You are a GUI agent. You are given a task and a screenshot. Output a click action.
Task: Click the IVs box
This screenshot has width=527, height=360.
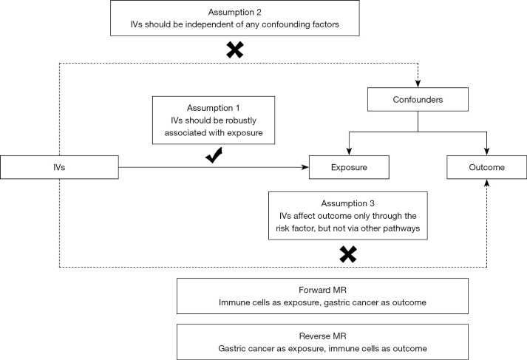coord(59,167)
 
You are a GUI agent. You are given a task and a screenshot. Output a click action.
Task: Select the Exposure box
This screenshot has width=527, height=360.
coord(349,167)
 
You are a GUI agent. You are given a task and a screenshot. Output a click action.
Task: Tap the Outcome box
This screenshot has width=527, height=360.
coord(486,167)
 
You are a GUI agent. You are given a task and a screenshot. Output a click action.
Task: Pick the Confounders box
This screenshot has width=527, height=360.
coord(418,100)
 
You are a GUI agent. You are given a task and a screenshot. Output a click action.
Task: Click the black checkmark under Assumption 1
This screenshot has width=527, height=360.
coord(214,155)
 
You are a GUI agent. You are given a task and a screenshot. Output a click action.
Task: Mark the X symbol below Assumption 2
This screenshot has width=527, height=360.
coord(235,50)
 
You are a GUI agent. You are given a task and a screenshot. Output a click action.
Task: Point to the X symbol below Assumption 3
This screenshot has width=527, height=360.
coord(348,254)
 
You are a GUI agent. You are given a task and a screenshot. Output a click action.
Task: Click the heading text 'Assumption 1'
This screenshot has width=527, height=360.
coord(214,108)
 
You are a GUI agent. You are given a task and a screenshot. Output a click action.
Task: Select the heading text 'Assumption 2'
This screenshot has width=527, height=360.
coord(234,12)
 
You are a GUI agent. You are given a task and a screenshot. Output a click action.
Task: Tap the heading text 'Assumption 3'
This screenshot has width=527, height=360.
coord(348,203)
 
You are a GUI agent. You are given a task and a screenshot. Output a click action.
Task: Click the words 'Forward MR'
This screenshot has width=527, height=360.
coord(323,290)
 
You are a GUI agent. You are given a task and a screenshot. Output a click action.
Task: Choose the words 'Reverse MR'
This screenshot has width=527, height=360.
coord(323,336)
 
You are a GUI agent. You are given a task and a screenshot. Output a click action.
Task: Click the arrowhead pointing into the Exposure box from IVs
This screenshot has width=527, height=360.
coord(305,167)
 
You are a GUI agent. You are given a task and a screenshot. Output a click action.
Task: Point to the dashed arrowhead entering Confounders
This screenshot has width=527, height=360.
coord(418,84)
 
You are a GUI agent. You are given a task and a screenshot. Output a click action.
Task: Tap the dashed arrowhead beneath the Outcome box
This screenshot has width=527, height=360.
coord(486,183)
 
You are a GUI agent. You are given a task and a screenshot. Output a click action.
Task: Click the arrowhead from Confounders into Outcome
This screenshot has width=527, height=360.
coord(486,152)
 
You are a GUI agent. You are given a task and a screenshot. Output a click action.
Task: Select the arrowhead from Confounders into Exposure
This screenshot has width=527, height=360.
coord(349,152)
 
